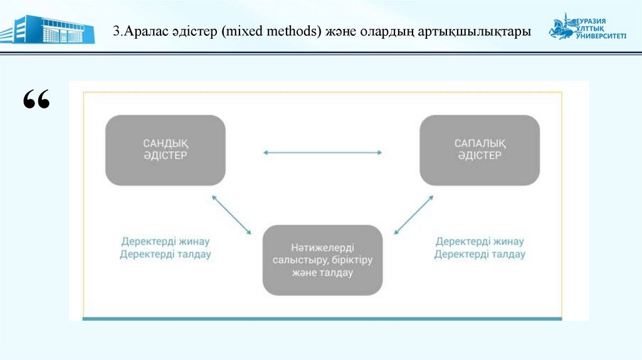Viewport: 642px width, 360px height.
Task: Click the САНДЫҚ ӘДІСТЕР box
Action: click(165, 150)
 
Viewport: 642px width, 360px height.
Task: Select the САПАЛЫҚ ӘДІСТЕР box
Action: click(480, 150)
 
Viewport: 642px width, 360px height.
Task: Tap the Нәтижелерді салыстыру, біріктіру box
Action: click(322, 260)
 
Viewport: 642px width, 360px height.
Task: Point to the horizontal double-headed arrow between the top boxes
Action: click(322, 152)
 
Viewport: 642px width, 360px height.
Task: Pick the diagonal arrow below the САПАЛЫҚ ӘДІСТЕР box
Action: click(414, 214)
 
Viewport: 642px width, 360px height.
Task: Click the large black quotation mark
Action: click(36, 100)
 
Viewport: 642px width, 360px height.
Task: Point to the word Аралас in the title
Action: click(146, 31)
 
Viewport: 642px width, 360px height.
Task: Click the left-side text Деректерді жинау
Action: click(165, 241)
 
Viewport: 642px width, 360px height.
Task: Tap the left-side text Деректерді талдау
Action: click(165, 255)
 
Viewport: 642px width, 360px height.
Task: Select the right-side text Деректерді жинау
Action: click(480, 241)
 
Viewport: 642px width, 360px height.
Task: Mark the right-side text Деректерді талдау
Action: click(480, 255)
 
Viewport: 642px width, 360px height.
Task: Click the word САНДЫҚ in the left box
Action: click(165, 144)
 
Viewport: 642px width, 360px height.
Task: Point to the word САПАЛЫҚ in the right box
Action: click(480, 144)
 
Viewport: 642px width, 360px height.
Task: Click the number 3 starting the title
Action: click(116, 31)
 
